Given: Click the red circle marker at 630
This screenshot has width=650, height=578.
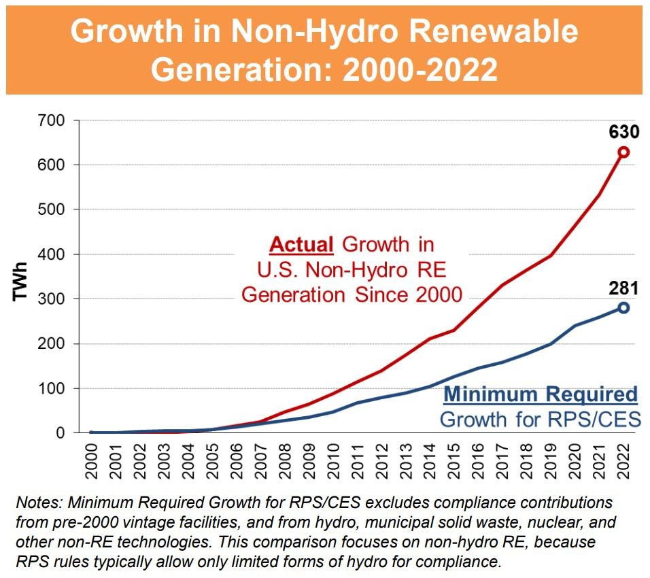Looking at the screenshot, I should (x=623, y=152).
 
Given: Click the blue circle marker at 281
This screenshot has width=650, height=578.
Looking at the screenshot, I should (x=623, y=308).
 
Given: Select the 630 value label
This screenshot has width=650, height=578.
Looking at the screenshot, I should (x=623, y=129).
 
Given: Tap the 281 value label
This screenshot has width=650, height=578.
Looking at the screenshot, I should (x=623, y=288).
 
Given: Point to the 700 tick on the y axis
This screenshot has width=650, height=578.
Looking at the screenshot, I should (x=54, y=120).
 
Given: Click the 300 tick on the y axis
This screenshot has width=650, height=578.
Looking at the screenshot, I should (x=54, y=299).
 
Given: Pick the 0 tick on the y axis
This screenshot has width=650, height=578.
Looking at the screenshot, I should (x=61, y=433).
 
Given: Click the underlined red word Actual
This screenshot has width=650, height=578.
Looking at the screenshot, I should (x=302, y=244).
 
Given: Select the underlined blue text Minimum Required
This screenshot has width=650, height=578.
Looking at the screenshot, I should (x=540, y=394).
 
